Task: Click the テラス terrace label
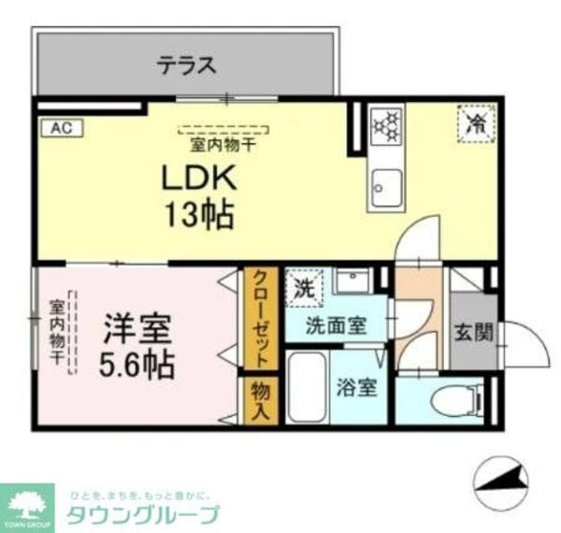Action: point(186,65)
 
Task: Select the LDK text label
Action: point(197,178)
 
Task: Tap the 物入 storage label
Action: point(261,401)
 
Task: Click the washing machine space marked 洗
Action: point(305,284)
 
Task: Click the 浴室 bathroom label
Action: point(357,386)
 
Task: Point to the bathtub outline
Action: point(305,387)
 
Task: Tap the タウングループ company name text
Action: point(144,513)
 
